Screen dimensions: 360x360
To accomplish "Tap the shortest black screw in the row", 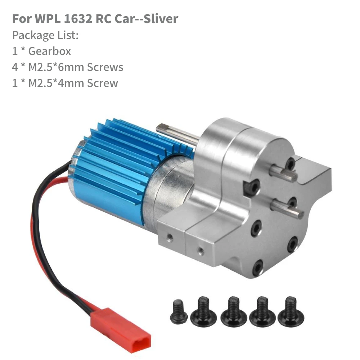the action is (x=179, y=312).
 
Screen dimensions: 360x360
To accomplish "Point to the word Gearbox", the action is (x=50, y=51).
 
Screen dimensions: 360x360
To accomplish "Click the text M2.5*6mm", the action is (x=56, y=67).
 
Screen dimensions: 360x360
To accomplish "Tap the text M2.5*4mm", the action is (x=56, y=83).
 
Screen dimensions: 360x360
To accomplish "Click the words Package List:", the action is (x=45, y=35).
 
